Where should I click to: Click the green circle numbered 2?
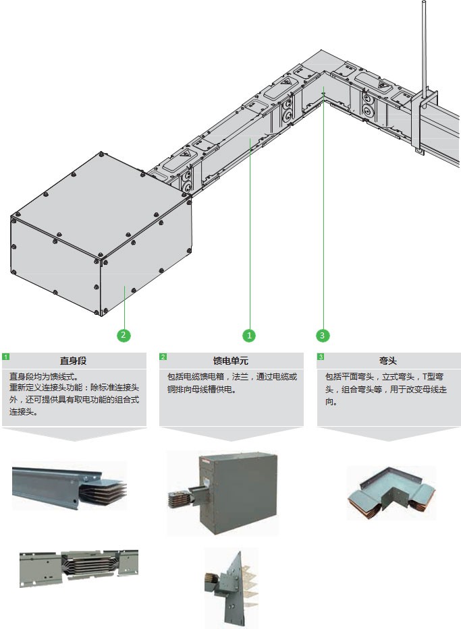(x=124, y=335)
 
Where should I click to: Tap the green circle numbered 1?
(x=250, y=335)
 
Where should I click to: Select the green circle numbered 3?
(x=323, y=335)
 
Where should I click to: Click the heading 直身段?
(x=74, y=361)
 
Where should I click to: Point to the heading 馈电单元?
(x=231, y=361)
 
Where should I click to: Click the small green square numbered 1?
(x=5, y=357)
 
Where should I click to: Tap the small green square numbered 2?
(x=163, y=357)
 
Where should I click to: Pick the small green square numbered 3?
(x=321, y=357)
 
